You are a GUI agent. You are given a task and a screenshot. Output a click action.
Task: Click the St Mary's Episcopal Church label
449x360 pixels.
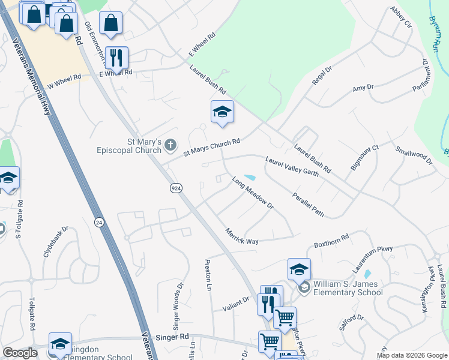(129, 146)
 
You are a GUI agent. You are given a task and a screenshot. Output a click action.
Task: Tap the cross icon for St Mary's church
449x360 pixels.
(171, 144)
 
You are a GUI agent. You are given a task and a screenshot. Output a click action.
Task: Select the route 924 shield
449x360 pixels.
(176, 188)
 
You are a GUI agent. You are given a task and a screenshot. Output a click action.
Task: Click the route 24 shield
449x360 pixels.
(98, 222)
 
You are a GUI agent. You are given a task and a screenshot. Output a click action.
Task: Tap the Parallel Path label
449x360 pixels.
(309, 205)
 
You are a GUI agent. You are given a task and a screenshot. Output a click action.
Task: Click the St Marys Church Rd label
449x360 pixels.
(212, 147)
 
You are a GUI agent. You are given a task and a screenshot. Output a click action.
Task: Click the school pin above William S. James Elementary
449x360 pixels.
(299, 270)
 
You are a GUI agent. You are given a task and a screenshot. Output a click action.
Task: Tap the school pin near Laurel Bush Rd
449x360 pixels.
(222, 112)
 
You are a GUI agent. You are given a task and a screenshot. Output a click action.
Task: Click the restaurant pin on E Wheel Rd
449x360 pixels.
(116, 58)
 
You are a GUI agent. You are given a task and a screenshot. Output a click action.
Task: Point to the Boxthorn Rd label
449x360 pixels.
(331, 241)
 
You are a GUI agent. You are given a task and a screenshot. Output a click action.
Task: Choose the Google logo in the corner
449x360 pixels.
(20, 353)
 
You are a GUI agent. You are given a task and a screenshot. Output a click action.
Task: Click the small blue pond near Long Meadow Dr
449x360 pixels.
(249, 178)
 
